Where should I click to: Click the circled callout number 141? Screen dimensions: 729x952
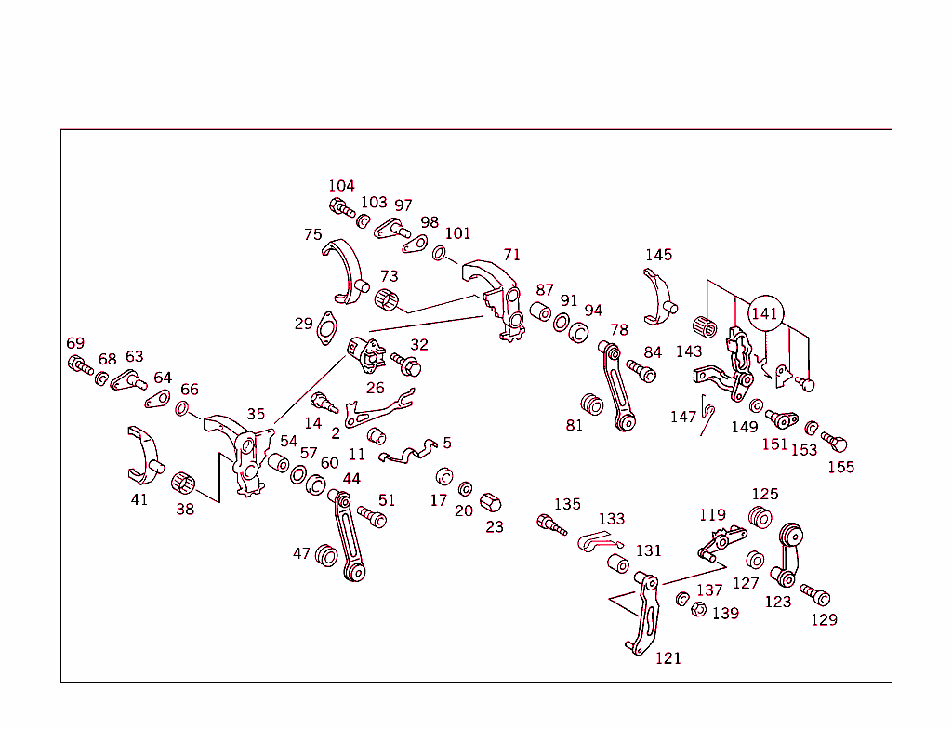pyautogui.click(x=764, y=314)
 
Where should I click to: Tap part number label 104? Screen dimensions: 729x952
pyautogui.click(x=341, y=186)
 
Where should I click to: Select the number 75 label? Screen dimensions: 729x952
pyautogui.click(x=313, y=235)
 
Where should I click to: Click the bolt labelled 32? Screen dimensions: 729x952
pyautogui.click(x=405, y=364)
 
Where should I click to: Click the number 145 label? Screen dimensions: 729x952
pyautogui.click(x=658, y=255)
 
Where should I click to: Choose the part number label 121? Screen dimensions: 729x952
pyautogui.click(x=668, y=658)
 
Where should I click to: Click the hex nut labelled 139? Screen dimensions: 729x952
pyautogui.click(x=696, y=609)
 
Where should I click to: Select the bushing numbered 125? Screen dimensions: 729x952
pyautogui.click(x=760, y=517)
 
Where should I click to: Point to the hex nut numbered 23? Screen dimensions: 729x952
pyautogui.click(x=490, y=503)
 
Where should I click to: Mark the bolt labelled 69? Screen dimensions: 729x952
pyautogui.click(x=80, y=364)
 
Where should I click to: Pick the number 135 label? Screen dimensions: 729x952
pyautogui.click(x=567, y=504)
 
